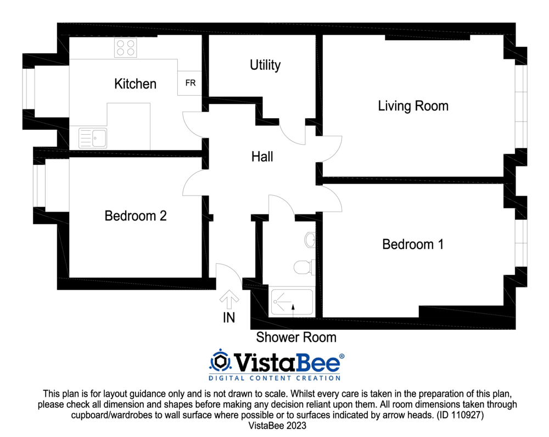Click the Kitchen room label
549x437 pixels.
pyautogui.click(x=135, y=84)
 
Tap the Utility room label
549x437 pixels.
pyautogui.click(x=265, y=65)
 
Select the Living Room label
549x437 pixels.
pyautogui.click(x=413, y=106)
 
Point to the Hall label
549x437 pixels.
pyautogui.click(x=262, y=157)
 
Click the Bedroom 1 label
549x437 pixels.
pyautogui.click(x=412, y=244)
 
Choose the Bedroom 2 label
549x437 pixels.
pyautogui.click(x=135, y=216)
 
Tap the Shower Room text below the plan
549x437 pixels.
pyautogui.click(x=296, y=337)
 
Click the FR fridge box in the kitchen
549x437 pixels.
pyautogui.click(x=191, y=83)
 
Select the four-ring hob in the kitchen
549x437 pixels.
pyautogui.click(x=125, y=48)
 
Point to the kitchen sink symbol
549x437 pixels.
pyautogui.click(x=93, y=138)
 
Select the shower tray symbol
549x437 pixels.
pyautogui.click(x=292, y=303)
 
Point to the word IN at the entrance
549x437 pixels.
pyautogui.click(x=229, y=318)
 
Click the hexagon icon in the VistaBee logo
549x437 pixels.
pyautogui.click(x=221, y=361)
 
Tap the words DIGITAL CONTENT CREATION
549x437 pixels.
pyautogui.click(x=274, y=378)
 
